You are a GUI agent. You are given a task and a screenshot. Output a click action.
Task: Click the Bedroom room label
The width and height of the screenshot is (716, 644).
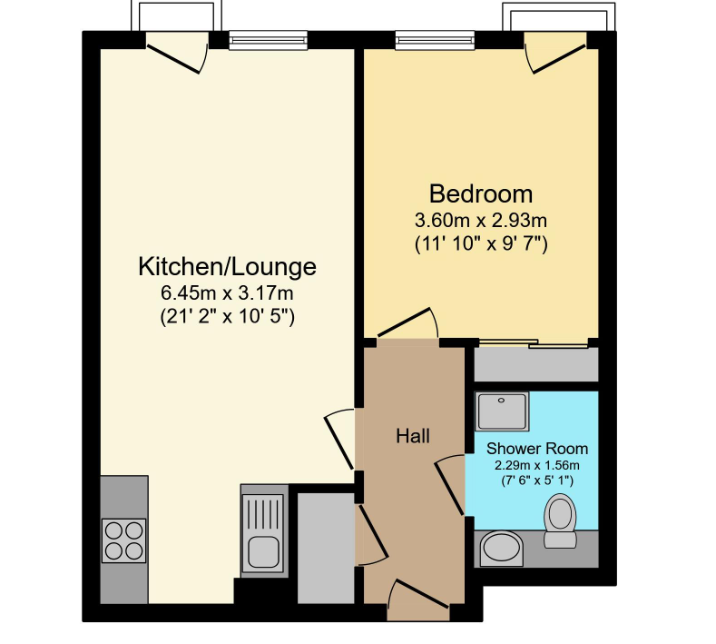[481, 193]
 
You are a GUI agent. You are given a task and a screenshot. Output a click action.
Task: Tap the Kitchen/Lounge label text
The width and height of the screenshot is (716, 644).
[227, 267]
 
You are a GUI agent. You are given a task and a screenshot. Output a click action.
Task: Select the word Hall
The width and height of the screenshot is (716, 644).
[413, 436]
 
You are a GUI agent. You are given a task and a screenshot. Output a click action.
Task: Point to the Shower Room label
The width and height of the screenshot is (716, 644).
[537, 449]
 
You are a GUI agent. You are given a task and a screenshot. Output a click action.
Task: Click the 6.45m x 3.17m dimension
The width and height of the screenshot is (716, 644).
[227, 293]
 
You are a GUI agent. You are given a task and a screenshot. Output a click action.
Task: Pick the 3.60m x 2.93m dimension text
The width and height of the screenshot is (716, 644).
[481, 221]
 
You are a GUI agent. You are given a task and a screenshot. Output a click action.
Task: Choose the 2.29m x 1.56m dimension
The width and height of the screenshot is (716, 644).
[537, 466]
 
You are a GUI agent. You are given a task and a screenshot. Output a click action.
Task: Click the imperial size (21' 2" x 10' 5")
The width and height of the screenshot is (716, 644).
[228, 316]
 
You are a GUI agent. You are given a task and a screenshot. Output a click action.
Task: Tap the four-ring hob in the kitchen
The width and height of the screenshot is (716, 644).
[123, 540]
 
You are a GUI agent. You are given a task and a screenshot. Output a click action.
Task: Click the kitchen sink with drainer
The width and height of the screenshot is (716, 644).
[264, 532]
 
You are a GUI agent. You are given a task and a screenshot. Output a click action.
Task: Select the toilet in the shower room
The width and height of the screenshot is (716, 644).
[560, 520]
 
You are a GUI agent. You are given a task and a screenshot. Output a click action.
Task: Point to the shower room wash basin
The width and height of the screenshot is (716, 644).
[502, 548]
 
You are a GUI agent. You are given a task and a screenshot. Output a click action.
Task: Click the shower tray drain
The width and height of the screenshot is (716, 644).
[502, 401]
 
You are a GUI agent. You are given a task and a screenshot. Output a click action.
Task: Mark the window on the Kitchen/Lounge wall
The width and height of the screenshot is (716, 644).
[268, 40]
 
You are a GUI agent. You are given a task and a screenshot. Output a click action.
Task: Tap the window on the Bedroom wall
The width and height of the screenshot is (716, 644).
[435, 40]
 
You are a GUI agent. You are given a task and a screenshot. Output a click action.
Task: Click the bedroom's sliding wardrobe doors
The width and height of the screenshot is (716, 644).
[533, 343]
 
